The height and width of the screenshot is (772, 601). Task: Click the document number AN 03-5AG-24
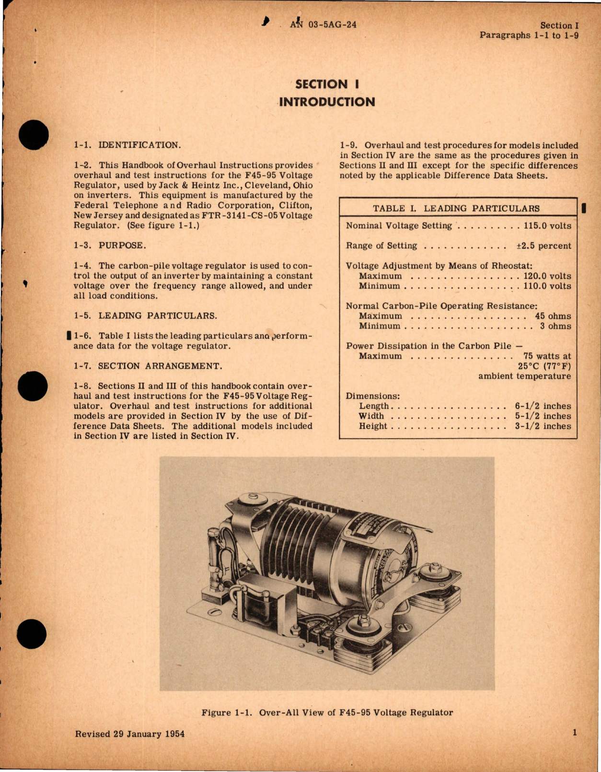pos(324,25)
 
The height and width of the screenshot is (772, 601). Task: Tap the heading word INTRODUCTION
pos(327,102)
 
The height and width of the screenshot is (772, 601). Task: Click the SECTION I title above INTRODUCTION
pos(327,84)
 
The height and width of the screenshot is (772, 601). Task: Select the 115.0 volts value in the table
pos(547,226)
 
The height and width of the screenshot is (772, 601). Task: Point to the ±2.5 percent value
pos(543,246)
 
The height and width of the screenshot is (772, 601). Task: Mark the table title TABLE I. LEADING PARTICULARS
pos(456,209)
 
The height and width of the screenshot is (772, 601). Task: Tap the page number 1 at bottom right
pos(575,732)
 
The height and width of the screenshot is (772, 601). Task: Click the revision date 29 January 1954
pos(149,734)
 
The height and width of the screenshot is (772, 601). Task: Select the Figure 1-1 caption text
pos(327,713)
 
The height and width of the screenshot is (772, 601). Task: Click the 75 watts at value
pos(547,356)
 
